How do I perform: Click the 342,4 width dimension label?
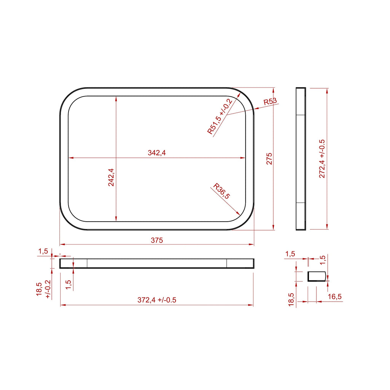tap(157, 153)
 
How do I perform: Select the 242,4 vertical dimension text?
tap(111, 177)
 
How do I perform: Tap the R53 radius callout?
tap(270, 101)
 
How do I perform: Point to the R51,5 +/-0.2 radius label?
tap(220, 116)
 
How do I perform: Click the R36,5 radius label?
tap(222, 192)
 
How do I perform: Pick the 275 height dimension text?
tap(270, 158)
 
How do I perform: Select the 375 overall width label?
tap(157, 240)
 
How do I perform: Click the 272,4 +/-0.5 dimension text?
tap(322, 158)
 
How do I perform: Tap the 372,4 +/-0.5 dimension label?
tap(157, 300)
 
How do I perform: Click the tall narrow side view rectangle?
tap(301, 158)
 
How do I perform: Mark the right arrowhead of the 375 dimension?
tap(252, 245)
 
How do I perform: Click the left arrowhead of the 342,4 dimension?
tap(70, 158)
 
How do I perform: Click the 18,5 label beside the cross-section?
tap(291, 300)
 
